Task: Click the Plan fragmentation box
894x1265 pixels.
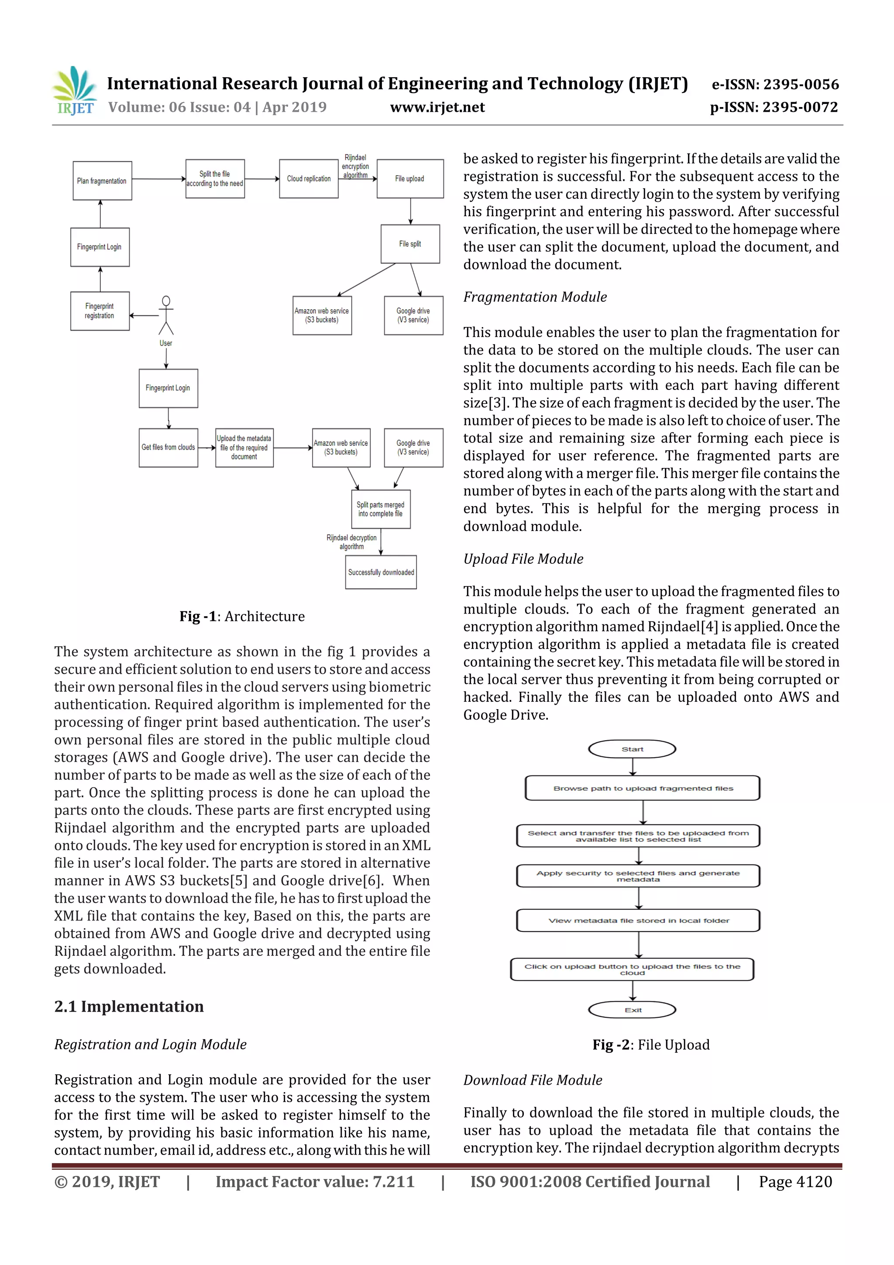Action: point(102,181)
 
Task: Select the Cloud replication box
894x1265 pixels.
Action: point(309,179)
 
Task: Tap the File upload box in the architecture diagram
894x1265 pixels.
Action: point(410,179)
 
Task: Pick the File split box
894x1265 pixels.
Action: point(410,244)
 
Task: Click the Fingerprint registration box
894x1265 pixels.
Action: point(100,311)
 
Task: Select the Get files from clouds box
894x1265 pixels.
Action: point(168,448)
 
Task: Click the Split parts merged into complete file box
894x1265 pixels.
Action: point(381,509)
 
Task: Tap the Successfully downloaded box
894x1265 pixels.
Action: point(381,572)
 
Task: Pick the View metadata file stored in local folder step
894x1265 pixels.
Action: point(638,920)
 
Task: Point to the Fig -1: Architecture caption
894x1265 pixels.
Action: point(242,616)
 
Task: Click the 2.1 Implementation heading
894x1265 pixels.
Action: point(129,1006)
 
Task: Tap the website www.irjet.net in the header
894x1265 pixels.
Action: point(437,107)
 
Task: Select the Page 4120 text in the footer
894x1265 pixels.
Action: point(795,1181)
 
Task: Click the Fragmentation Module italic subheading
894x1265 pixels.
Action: point(535,297)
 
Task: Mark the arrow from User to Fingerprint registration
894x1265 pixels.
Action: point(144,316)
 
